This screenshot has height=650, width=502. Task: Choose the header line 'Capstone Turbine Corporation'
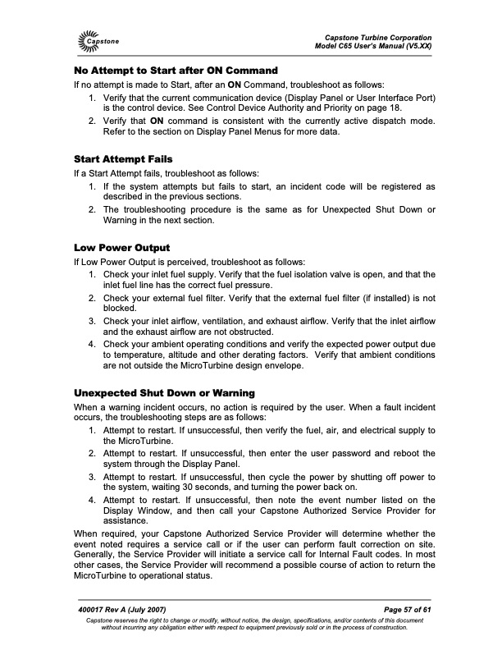378,38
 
